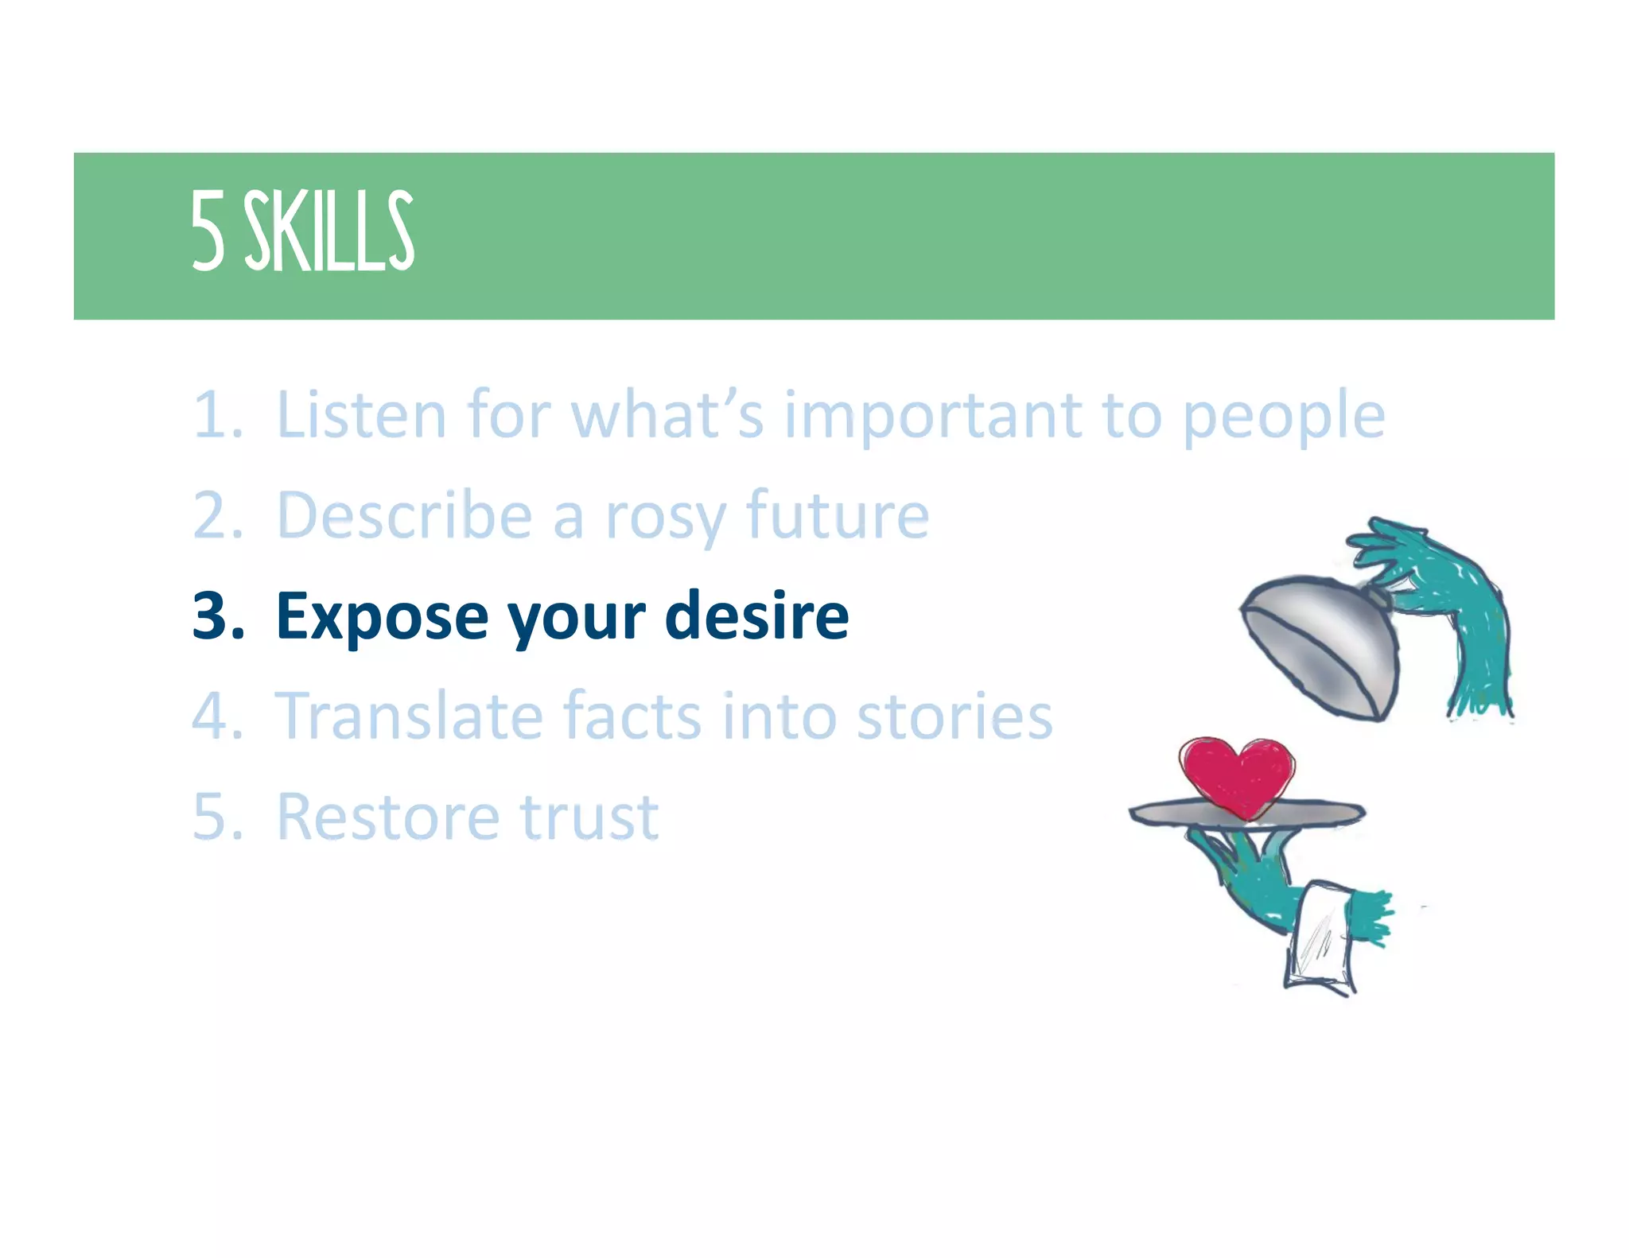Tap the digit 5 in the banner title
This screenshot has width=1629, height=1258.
point(208,232)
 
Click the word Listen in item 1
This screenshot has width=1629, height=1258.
point(360,414)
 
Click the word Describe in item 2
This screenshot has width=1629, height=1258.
point(404,515)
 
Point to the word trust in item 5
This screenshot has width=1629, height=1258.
point(589,817)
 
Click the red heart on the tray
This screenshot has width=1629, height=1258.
point(1236,775)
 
